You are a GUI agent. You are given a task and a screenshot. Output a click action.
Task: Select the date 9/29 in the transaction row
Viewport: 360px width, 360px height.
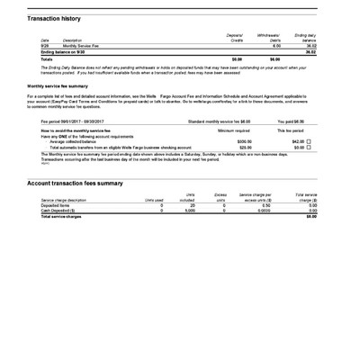coord(45,46)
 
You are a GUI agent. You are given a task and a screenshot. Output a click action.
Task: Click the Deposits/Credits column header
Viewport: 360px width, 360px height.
coord(237,38)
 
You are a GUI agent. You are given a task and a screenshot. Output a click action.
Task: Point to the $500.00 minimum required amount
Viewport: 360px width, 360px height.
coord(244,141)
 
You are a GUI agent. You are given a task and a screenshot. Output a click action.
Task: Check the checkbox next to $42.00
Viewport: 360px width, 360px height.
coord(310,141)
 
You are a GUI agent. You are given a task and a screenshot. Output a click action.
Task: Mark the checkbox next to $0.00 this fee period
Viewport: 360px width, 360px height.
coord(310,147)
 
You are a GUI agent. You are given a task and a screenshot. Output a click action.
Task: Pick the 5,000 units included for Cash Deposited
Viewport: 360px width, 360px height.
coord(189,211)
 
